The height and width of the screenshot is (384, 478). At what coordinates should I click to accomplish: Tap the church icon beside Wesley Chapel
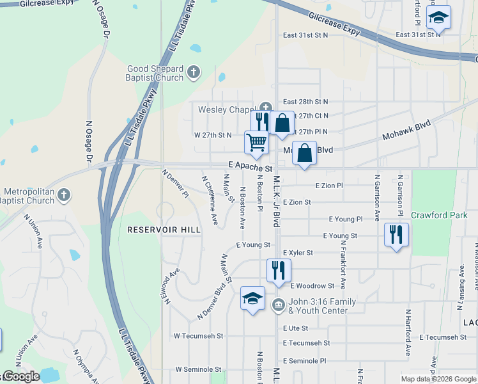tap(266, 108)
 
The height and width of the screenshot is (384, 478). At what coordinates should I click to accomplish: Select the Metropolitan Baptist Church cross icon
tap(63, 195)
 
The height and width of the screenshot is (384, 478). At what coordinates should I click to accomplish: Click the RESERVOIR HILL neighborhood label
tap(164, 229)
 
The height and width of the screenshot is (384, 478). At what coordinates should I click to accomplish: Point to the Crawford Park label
tap(439, 215)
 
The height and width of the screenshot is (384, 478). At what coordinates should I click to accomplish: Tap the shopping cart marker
tap(256, 143)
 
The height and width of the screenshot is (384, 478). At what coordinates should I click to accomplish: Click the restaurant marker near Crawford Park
tap(396, 235)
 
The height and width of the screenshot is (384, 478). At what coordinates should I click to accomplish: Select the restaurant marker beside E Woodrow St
tap(278, 270)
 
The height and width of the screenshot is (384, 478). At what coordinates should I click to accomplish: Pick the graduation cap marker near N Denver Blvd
tap(252, 298)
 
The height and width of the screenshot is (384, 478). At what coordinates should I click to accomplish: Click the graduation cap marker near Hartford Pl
tap(438, 17)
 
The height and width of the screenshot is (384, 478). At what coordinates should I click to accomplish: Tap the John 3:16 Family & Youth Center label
tap(318, 306)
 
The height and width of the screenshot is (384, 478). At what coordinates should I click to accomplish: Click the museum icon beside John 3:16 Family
tap(277, 303)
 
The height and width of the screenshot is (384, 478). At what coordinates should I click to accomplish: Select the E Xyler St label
tap(297, 253)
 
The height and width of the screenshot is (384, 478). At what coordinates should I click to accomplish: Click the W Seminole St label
tap(198, 369)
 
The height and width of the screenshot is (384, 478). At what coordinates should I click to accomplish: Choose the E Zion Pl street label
tap(329, 185)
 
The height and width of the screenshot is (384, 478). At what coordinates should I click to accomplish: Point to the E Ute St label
tap(295, 328)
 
